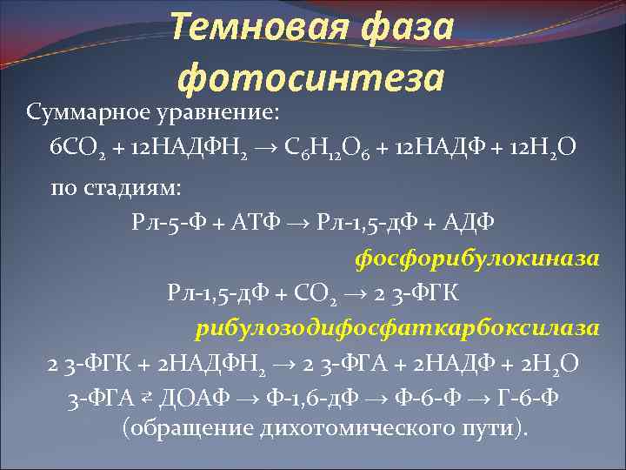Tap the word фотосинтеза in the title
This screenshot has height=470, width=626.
pyautogui.click(x=310, y=79)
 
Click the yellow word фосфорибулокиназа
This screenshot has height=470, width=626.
pyautogui.click(x=477, y=258)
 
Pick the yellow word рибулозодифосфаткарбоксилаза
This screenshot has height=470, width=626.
pyautogui.click(x=398, y=328)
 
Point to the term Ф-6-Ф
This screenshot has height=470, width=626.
pyautogui.click(x=414, y=399)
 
